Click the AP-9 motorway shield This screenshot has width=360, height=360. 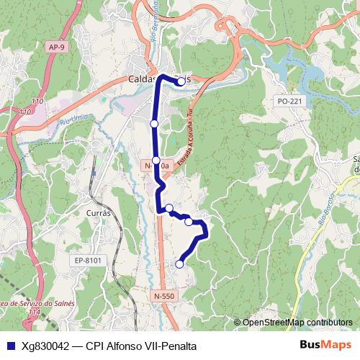[x=58, y=47]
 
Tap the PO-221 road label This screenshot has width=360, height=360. [x=289, y=102]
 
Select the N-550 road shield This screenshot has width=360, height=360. [x=163, y=295]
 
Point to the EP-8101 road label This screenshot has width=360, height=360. [x=89, y=260]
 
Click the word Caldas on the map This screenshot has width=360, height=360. [x=143, y=79]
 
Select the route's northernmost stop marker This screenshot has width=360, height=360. [x=181, y=81]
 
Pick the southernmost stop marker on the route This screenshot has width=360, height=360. [x=179, y=264]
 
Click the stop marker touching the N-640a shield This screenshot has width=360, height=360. [x=156, y=160]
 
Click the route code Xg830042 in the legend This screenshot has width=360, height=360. [x=45, y=346]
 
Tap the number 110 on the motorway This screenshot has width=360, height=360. [x=26, y=112]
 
